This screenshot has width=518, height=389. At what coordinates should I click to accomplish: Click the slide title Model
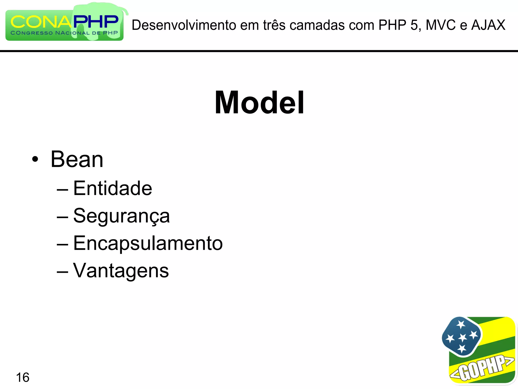[x=259, y=103]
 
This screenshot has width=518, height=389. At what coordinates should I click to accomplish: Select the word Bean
[x=77, y=159]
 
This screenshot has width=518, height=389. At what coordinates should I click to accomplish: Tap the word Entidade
[x=113, y=188]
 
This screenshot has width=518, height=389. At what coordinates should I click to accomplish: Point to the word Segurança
[x=121, y=216]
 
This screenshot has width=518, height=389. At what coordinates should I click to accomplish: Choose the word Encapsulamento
[x=148, y=243]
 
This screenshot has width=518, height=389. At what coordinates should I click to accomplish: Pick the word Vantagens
[x=121, y=270]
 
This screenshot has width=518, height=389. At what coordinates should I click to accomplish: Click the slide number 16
[x=23, y=377]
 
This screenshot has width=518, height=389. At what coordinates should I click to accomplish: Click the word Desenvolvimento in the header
[x=184, y=25]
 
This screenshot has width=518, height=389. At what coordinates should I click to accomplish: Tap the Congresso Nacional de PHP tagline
[x=64, y=33]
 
